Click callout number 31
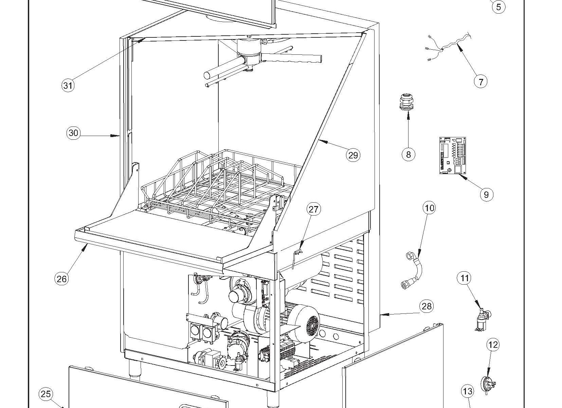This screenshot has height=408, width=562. (68, 85)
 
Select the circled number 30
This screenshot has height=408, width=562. (73, 133)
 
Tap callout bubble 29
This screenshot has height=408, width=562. (353, 155)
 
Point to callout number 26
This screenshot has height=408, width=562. (61, 279)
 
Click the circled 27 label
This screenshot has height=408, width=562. (313, 209)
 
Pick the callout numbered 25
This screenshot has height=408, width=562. (46, 394)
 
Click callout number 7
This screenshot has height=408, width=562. (481, 82)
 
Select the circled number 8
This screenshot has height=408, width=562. (408, 155)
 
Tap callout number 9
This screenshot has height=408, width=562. (486, 194)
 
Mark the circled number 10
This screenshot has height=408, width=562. (430, 208)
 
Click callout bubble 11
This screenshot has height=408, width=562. (465, 278)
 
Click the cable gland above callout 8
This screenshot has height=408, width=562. (406, 103)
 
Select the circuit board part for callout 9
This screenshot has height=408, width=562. (453, 155)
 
